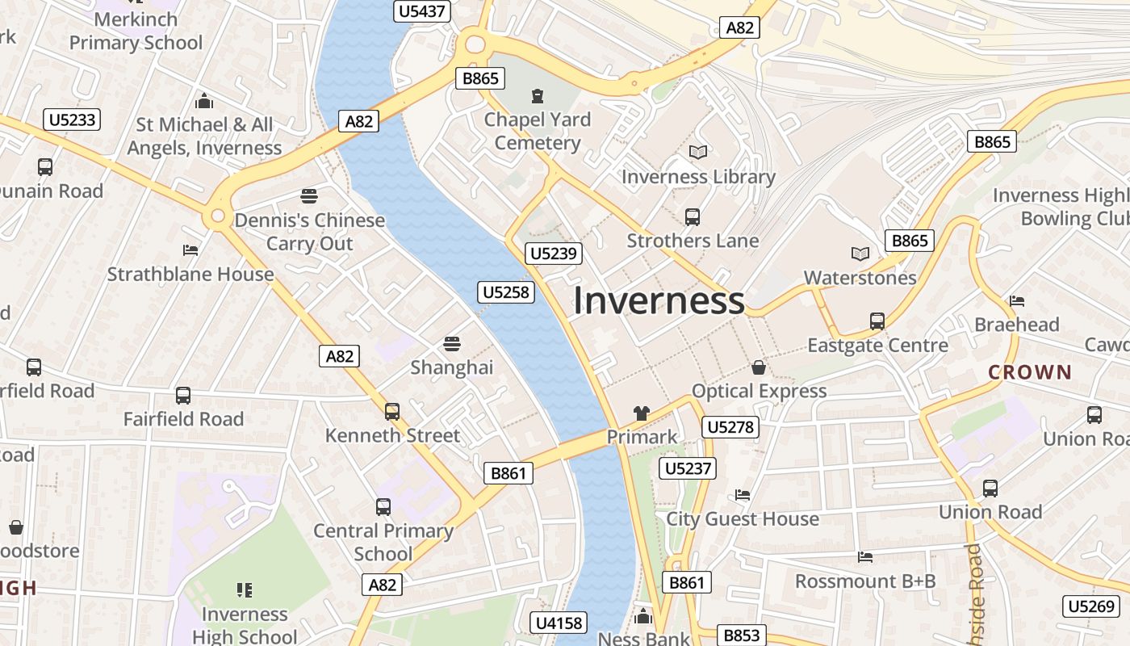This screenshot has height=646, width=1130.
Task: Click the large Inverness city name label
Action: coord(659,300)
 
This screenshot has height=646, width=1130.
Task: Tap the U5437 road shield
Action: coord(421,11)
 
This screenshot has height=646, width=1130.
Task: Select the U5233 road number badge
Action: coord(72,120)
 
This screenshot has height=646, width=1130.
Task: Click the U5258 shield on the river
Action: coord(507,292)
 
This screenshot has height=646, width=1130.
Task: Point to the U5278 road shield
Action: coord(731,427)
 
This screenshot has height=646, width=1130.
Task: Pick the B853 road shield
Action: coord(741,636)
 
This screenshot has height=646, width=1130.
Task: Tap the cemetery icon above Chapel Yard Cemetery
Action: coord(538,97)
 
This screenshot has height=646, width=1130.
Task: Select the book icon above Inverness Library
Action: coord(698,152)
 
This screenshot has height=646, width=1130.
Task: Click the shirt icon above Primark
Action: coord(642,413)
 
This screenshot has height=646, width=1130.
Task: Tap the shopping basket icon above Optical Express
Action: coord(759,368)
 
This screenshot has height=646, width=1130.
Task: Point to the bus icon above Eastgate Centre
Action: coord(877,321)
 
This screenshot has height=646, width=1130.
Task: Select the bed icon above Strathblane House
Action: coord(190,250)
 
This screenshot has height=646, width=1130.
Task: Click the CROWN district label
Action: coord(1030,373)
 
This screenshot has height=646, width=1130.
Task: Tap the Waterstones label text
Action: coord(860,278)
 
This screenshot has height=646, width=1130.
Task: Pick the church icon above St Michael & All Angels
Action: coord(205,102)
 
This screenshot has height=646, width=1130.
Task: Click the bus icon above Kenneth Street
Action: coord(392,412)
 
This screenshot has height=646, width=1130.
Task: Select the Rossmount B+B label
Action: coord(865,581)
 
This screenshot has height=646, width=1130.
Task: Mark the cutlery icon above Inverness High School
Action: coord(245,590)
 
